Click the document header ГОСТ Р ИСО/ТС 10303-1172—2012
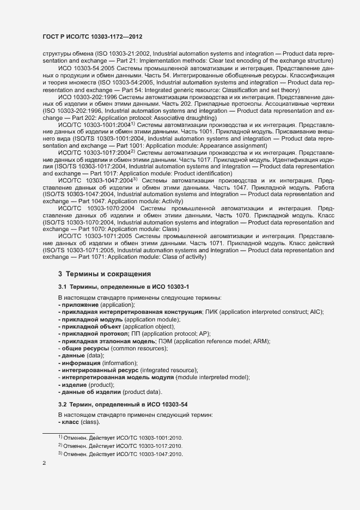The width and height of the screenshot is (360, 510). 93,36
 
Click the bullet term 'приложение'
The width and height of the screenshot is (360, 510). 79,306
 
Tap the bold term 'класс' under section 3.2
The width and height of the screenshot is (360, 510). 70,422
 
